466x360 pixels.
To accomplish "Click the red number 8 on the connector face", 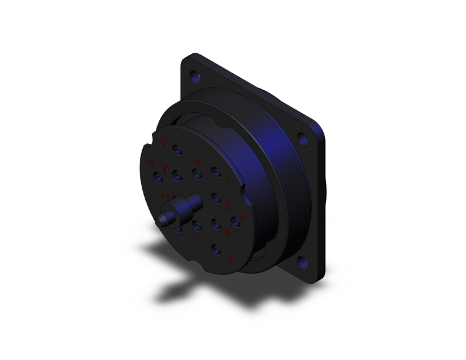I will coord(164,142).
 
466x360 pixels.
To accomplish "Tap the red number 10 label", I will coord(149,163).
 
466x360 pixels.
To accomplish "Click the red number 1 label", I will coord(229,181).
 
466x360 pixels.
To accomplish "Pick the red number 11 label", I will coord(165,196).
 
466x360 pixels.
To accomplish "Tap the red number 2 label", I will coord(227,206).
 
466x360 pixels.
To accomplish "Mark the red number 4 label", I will coord(227,232).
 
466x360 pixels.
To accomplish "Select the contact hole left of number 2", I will coord(215,198).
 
